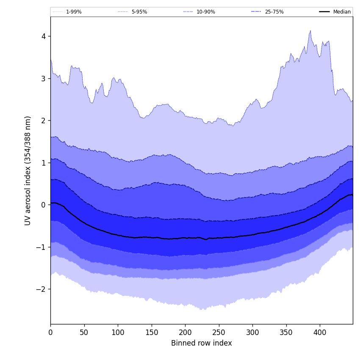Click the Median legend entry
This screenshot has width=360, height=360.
(342, 12)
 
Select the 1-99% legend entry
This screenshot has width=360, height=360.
(74, 12)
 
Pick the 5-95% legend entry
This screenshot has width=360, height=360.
(139, 12)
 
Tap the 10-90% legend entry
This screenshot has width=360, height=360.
(206, 12)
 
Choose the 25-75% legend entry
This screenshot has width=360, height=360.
(274, 12)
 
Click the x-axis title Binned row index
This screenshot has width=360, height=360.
(201, 343)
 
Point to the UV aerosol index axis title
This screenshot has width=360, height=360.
(28, 170)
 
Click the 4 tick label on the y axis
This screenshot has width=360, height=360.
(43, 36)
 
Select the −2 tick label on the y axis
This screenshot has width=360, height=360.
(41, 289)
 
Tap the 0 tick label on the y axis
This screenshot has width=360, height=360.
(43, 205)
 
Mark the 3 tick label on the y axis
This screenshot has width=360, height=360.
(43, 79)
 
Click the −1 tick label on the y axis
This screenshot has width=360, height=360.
(41, 247)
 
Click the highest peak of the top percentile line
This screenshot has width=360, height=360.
(310, 30)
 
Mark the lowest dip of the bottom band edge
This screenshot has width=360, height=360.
(201, 310)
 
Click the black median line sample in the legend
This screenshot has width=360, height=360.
(325, 12)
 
